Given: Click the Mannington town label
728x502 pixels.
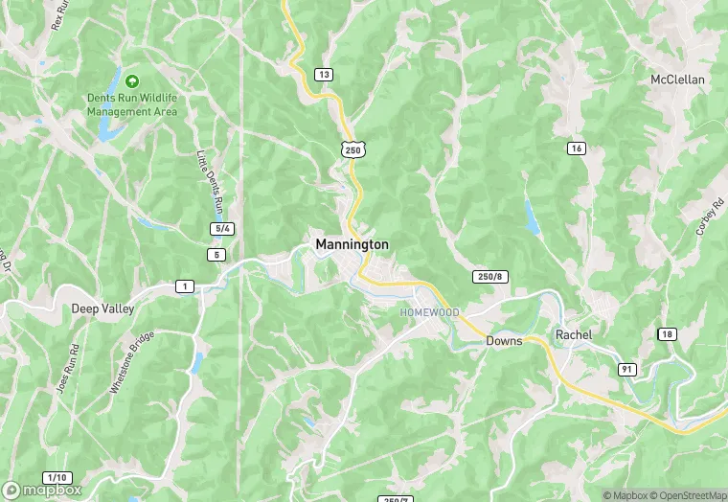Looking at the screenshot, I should pyautogui.click(x=352, y=245).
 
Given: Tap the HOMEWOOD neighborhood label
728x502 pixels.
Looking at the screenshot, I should pyautogui.click(x=429, y=313).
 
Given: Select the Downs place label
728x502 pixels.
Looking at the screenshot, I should pyautogui.click(x=503, y=340).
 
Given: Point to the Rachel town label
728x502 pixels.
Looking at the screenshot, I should pyautogui.click(x=574, y=334).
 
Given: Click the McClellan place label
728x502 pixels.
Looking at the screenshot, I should pyautogui.click(x=677, y=79).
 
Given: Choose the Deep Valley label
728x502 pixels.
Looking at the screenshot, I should pyautogui.click(x=102, y=309).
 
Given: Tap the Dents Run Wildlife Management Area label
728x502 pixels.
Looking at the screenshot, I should pyautogui.click(x=132, y=105).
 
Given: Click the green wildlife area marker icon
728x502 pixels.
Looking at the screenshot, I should pyautogui.click(x=132, y=81).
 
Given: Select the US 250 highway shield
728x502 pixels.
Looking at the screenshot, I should pyautogui.click(x=353, y=150).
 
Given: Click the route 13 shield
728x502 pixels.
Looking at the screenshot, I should pyautogui.click(x=324, y=75).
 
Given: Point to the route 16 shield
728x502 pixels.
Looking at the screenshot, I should pyautogui.click(x=576, y=148).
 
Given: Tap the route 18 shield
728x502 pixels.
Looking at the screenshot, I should pyautogui.click(x=666, y=332).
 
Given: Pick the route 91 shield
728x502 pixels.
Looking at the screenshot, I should pyautogui.click(x=627, y=369).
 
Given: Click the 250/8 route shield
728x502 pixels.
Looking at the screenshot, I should pyautogui.click(x=487, y=277).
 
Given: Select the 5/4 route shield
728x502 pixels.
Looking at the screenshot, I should pyautogui.click(x=221, y=228).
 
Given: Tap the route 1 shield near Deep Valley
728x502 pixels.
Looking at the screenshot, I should pyautogui.click(x=183, y=285).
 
